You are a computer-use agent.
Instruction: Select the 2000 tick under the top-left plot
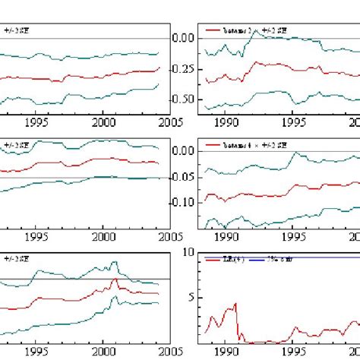[103, 122]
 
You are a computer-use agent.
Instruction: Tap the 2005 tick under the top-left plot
[169, 122]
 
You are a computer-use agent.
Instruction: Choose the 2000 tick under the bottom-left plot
[103, 351]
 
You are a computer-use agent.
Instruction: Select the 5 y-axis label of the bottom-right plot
[190, 298]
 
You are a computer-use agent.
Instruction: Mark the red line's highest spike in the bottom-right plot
[235, 304]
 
